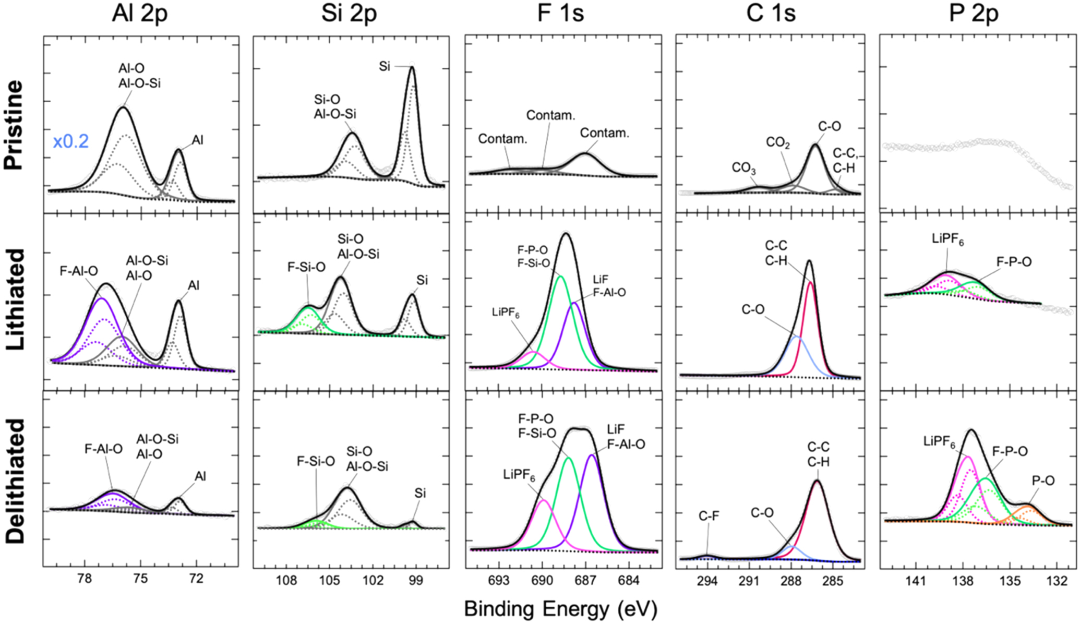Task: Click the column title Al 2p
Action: (x=139, y=14)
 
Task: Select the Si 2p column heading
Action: (x=349, y=14)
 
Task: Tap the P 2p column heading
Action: (x=974, y=14)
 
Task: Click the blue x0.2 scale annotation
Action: (x=71, y=141)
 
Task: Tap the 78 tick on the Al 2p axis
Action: (x=85, y=580)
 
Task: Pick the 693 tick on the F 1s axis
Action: (x=499, y=580)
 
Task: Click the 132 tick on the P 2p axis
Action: (x=1057, y=580)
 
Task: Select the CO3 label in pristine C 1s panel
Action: (x=744, y=168)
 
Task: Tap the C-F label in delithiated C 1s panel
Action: (x=709, y=516)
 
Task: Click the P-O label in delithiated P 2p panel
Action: (x=1043, y=481)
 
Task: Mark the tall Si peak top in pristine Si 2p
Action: (x=412, y=67)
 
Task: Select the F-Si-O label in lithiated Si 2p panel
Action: (x=306, y=268)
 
